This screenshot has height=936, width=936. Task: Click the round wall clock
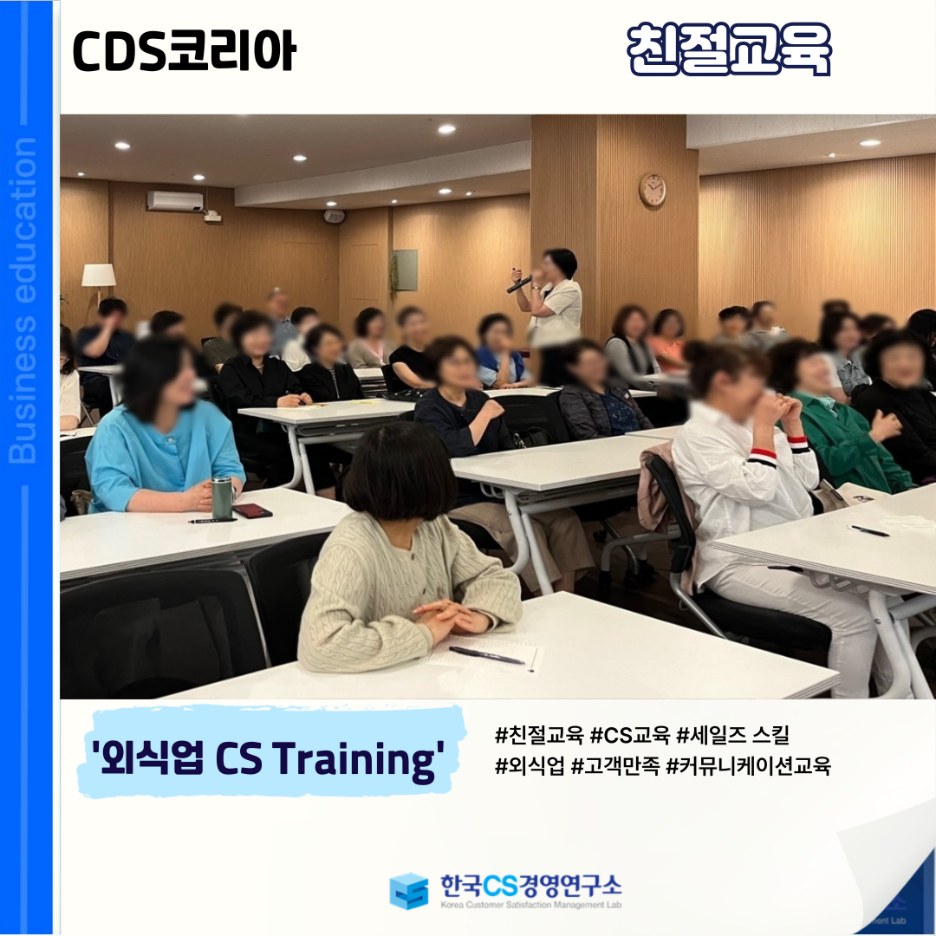pos(652,190)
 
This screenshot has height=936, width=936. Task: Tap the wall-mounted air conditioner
pos(175,201)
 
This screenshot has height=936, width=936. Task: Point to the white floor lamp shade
pos(99,276)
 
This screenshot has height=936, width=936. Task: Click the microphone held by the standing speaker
pos(519,284)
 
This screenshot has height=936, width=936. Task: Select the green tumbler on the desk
pos(222,497)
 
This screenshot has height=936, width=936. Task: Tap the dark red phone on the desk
pos(252,511)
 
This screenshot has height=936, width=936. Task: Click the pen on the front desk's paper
pos(486,655)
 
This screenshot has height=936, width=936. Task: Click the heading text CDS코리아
pos(184,51)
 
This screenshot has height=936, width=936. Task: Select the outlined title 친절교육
pos(729,49)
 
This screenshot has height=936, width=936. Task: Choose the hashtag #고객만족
pos(614,765)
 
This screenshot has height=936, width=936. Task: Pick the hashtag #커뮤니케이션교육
pos(748,765)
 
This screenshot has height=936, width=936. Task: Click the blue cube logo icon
pos(409,891)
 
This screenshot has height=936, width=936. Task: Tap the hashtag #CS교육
pos(630,736)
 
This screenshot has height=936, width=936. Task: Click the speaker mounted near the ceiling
pos(335,216)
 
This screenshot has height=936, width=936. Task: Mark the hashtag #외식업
pos(530,765)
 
